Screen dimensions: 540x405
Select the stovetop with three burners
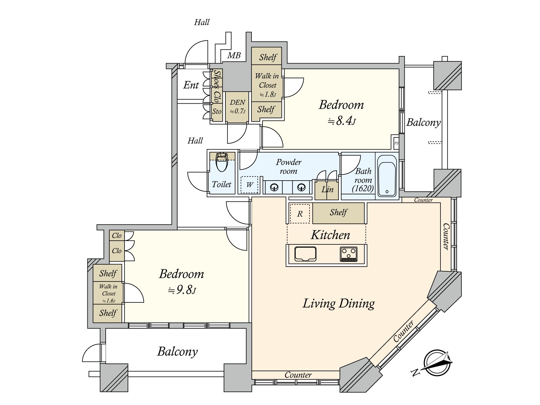[349, 254]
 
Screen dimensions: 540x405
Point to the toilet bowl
[222, 163]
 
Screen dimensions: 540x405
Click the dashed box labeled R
[299, 214]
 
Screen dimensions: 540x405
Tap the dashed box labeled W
[249, 185]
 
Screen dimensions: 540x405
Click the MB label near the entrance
[234, 56]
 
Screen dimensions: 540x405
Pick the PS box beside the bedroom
[396, 143]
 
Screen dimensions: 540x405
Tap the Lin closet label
[327, 189]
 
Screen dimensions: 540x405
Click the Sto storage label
[217, 111]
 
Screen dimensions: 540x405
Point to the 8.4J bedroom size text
[342, 121]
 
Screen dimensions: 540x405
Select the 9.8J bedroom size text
[182, 290]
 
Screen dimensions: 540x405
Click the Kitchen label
[330, 235]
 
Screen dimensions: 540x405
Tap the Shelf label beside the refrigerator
[339, 213]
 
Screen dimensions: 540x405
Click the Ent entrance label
[191, 85]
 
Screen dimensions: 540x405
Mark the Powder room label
[289, 166]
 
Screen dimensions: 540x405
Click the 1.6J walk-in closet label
[109, 301]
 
